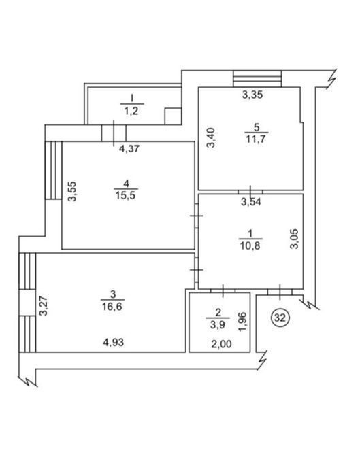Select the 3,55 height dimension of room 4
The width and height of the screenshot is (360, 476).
pos(73,191)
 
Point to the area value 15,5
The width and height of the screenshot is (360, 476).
pos(125,195)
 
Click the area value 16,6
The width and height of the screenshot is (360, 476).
pos(112,306)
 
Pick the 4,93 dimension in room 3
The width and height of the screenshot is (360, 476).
pos(114,343)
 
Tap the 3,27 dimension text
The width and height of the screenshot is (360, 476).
pos(44,306)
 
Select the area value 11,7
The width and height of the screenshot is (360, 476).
pos(256,139)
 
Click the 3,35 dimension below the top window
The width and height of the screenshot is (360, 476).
pos(252,95)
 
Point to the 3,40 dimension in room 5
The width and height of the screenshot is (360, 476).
pos(211,137)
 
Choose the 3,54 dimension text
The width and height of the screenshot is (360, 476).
pos(251,202)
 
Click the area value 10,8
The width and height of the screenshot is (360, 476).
pos(250,245)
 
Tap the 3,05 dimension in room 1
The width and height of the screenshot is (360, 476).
pos(295,239)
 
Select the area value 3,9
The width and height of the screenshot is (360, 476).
pos(218,325)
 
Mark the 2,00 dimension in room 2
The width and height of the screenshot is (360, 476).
pos(221,344)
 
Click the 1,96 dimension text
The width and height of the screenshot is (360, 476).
pos(244,322)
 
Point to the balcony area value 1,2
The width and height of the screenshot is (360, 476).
pos(131,111)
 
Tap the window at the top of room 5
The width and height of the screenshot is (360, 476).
pos(257,79)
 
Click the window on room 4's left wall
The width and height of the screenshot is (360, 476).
pos(54,170)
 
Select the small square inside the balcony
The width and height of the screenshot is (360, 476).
pos(173,116)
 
